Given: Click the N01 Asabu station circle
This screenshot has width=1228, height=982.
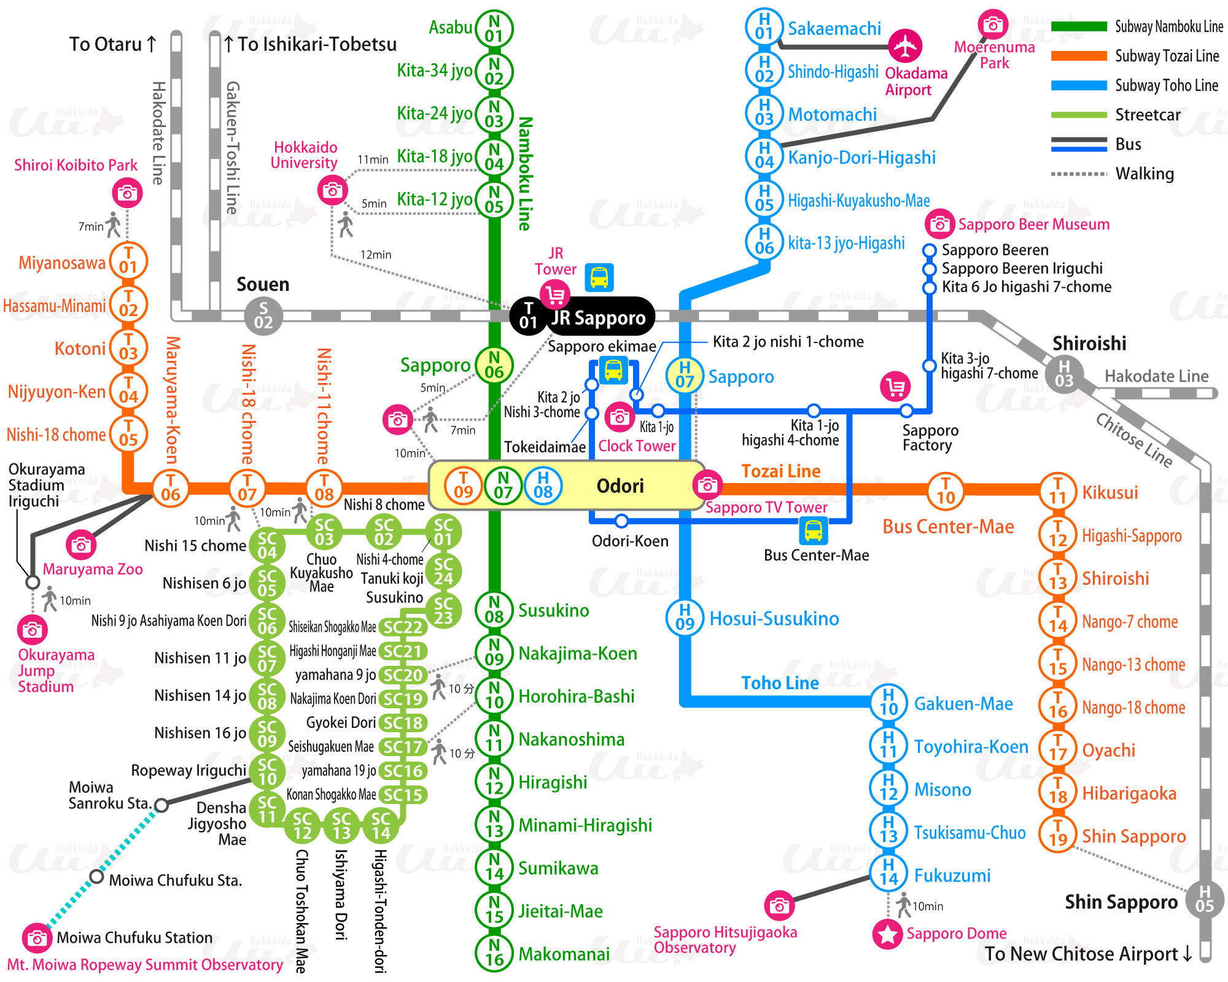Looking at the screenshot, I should coord(494,29).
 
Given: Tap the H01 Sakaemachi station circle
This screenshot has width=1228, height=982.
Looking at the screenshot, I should coord(764,27).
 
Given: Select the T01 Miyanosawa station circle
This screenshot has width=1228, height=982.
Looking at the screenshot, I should coord(128,260).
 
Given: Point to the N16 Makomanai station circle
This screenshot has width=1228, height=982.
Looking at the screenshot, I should coord(494,953).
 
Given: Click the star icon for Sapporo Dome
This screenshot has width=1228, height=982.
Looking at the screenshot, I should coord(887,934).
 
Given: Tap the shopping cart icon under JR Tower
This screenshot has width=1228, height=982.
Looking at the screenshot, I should coord(555,295).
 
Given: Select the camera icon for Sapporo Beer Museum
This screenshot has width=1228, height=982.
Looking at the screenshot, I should coord(939,224).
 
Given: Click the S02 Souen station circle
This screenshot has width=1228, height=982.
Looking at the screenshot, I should coord(263,315).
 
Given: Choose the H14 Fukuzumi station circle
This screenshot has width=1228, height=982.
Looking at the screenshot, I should coord(888,873).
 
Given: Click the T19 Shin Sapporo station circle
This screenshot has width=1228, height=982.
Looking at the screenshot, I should coord(1057,833).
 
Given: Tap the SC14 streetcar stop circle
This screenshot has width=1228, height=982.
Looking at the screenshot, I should coord(381,826).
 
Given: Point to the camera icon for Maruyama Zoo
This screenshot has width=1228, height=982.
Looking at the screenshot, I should coord(80,545).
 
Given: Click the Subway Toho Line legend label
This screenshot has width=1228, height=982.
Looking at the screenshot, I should coord(1167,85).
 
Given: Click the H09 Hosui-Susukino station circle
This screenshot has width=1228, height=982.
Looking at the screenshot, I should coord(685,617).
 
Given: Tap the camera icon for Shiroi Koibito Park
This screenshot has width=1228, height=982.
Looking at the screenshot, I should coord(127,193).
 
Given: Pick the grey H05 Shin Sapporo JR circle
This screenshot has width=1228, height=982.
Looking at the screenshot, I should coord(1204,899).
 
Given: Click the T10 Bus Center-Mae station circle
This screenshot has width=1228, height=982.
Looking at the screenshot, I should coord(945,490).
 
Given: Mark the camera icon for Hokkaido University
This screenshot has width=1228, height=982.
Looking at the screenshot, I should coord(332,190).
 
